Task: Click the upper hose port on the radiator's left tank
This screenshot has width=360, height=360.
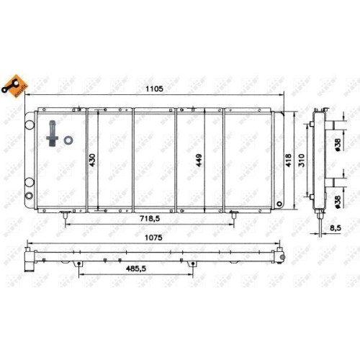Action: coord(30,134)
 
